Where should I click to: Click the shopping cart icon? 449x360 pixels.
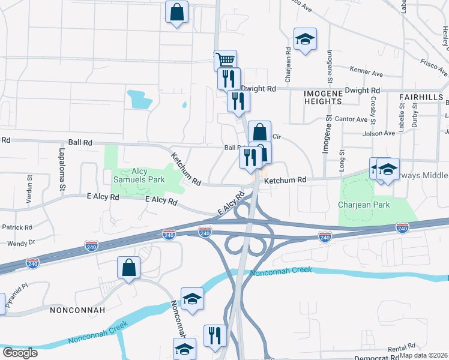(x=225, y=60)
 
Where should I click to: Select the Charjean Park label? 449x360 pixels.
(x=364, y=205)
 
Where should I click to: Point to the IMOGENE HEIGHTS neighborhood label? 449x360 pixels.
(x=322, y=97)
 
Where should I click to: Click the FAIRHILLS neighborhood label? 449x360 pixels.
(x=421, y=97)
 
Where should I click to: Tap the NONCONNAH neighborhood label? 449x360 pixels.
(x=77, y=310)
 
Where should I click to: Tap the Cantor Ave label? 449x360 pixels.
(x=351, y=119)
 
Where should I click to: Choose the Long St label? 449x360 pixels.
(x=342, y=163)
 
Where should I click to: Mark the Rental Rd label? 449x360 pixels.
(x=402, y=347)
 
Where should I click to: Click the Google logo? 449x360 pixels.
(x=20, y=353)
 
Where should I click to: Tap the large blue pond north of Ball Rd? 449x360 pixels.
(x=139, y=98)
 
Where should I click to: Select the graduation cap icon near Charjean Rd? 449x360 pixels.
(x=305, y=40)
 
